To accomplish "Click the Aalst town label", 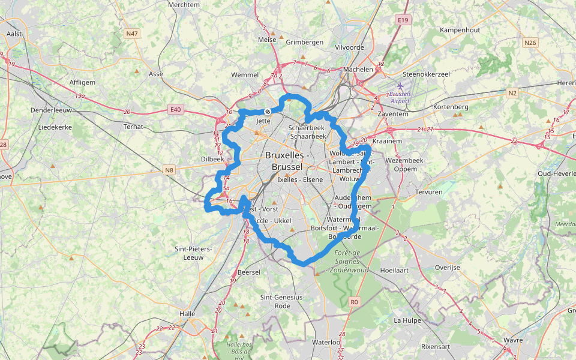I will pyautogui.click(x=14, y=34).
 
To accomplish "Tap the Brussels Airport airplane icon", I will pyautogui.click(x=400, y=86).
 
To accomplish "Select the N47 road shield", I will pyautogui.click(x=132, y=34).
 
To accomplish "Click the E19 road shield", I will pyautogui.click(x=403, y=20).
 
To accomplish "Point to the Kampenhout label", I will pyautogui.click(x=460, y=29).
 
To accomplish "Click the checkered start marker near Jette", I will pyautogui.click(x=268, y=112).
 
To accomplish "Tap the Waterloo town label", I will pyautogui.click(x=326, y=342).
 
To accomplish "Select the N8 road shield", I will pyautogui.click(x=169, y=170).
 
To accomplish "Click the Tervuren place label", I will pyautogui.click(x=428, y=192).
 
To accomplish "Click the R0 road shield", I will pyautogui.click(x=354, y=302).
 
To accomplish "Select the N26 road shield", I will pyautogui.click(x=529, y=43).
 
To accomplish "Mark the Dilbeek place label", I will pyautogui.click(x=212, y=160).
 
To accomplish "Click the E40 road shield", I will pyautogui.click(x=175, y=109).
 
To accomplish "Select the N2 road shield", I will pyautogui.click(x=512, y=93).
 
